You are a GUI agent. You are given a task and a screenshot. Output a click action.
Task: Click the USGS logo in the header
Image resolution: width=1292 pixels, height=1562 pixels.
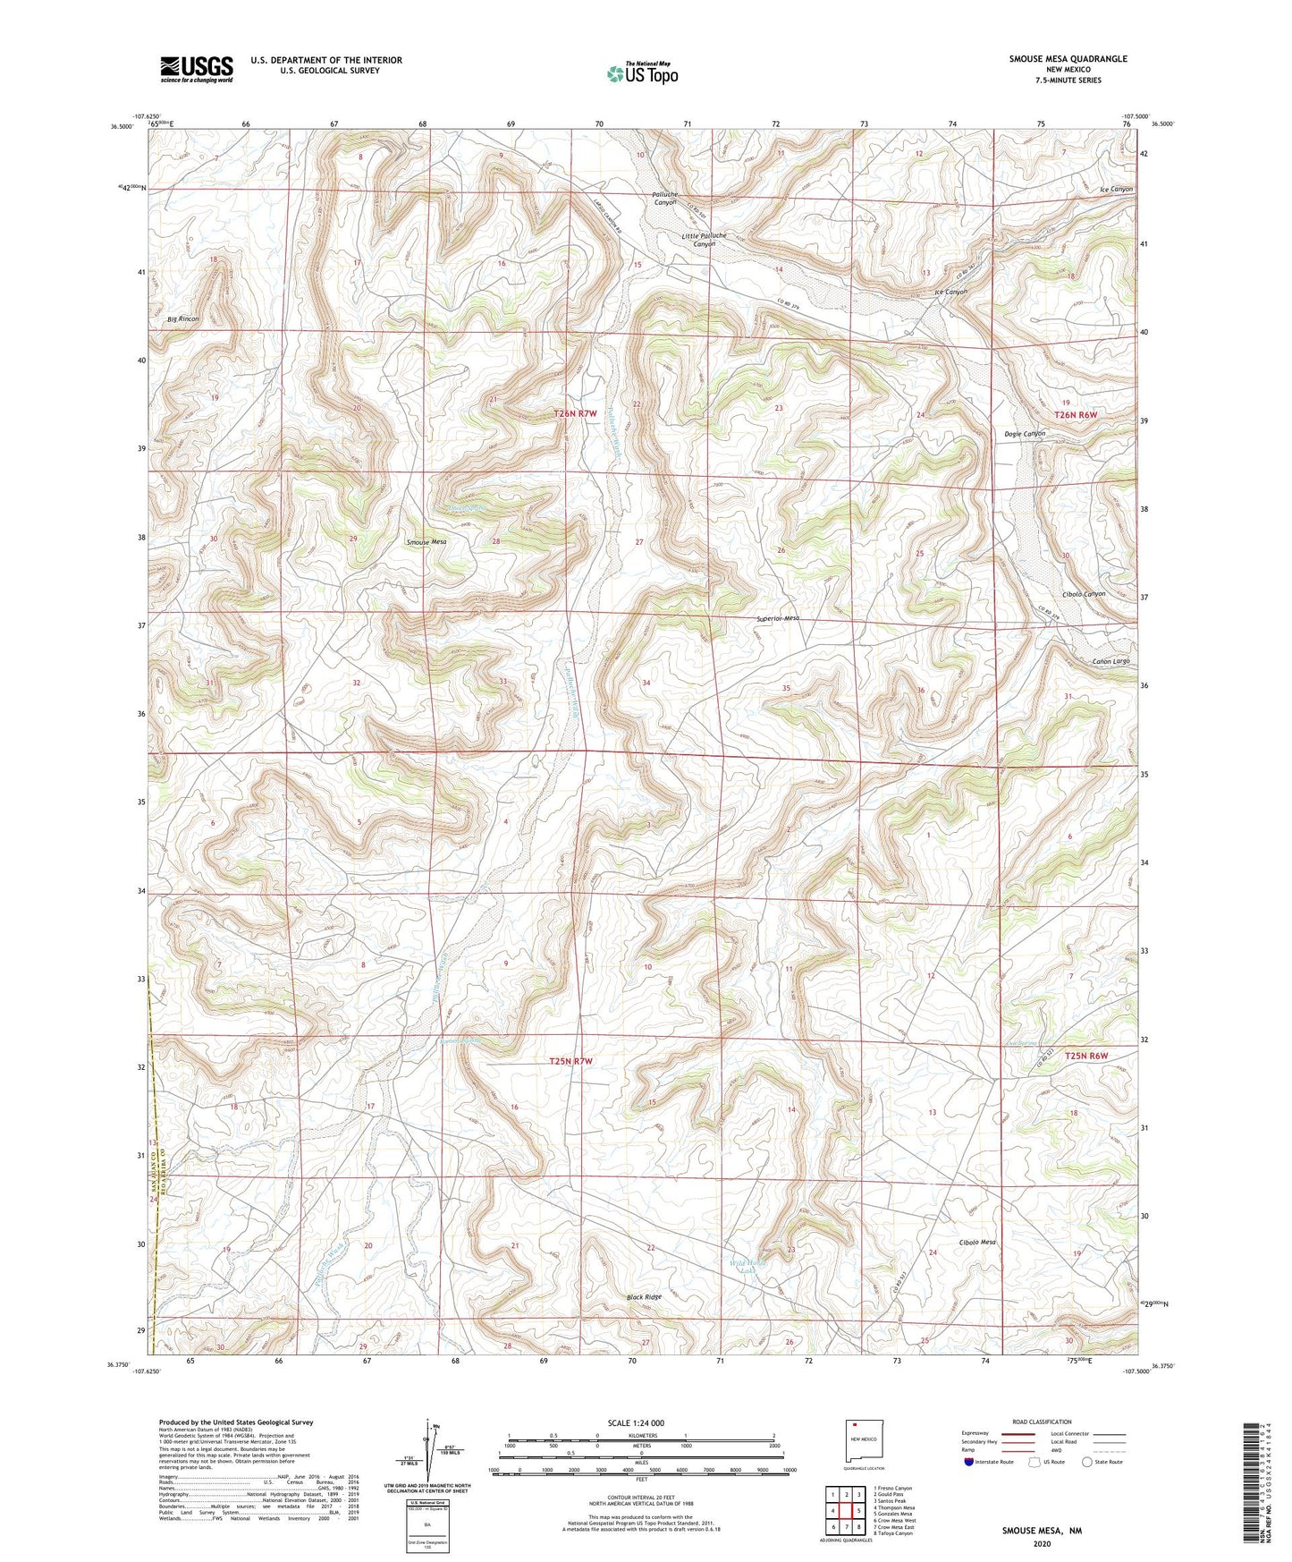(197, 69)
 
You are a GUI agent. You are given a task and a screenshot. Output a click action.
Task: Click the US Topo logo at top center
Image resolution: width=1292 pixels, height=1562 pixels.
(642, 73)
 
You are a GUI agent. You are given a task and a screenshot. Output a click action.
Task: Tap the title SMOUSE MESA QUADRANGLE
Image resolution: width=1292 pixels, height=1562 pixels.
(1055, 59)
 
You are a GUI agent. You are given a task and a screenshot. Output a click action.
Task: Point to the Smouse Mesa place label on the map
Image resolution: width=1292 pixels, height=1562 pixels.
(426, 542)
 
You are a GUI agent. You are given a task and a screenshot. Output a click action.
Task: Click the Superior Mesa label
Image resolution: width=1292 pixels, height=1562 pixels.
(778, 618)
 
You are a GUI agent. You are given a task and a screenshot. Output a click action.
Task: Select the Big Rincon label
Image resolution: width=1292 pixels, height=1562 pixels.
(182, 318)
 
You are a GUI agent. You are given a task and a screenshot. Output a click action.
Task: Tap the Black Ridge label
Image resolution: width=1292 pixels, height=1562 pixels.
(644, 1296)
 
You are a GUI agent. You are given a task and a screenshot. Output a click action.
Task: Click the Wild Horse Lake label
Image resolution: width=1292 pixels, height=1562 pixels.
(747, 1269)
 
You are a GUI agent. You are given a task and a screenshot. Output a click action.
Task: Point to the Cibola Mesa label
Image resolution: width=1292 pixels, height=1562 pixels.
(977, 1243)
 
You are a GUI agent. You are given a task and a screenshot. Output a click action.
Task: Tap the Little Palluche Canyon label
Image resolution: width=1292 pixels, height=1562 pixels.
(704, 239)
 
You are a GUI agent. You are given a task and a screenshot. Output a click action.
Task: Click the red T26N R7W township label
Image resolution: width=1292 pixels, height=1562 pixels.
(575, 413)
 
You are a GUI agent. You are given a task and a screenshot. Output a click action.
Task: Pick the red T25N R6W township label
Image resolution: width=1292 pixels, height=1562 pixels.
(1086, 1056)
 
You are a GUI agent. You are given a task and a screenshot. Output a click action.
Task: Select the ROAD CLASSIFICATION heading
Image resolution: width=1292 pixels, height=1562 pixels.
(1042, 1422)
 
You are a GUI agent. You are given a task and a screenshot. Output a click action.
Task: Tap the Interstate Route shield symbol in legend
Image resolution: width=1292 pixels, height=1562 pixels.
(969, 1462)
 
